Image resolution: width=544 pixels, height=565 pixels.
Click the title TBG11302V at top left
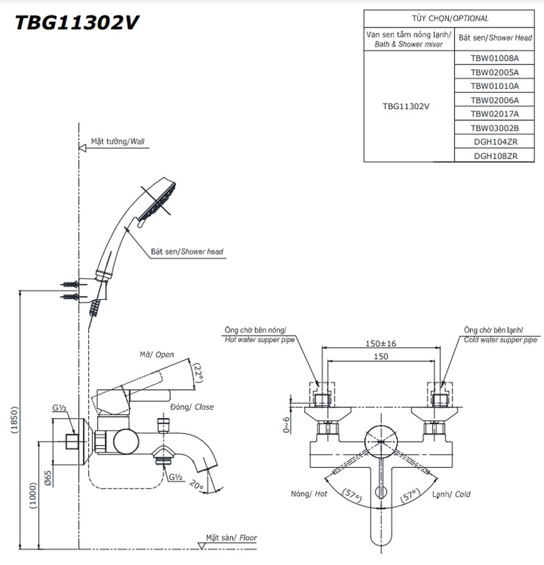[76, 22]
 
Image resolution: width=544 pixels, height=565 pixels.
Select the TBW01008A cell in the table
[494, 58]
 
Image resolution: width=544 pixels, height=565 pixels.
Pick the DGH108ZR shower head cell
[495, 155]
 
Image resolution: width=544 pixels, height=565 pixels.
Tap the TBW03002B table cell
[494, 128]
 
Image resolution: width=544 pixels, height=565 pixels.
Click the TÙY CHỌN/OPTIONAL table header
[449, 19]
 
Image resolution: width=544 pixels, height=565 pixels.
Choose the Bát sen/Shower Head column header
[495, 38]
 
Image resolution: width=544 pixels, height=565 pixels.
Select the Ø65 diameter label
[49, 479]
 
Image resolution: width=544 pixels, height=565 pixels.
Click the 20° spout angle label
[196, 486]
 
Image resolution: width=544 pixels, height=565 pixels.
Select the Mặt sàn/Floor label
[231, 538]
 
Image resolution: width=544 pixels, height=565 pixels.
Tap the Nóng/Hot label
[309, 494]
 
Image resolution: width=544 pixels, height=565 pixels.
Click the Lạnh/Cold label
[452, 494]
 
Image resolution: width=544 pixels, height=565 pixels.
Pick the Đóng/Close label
[192, 406]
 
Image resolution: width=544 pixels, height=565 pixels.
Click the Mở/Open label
[157, 355]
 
